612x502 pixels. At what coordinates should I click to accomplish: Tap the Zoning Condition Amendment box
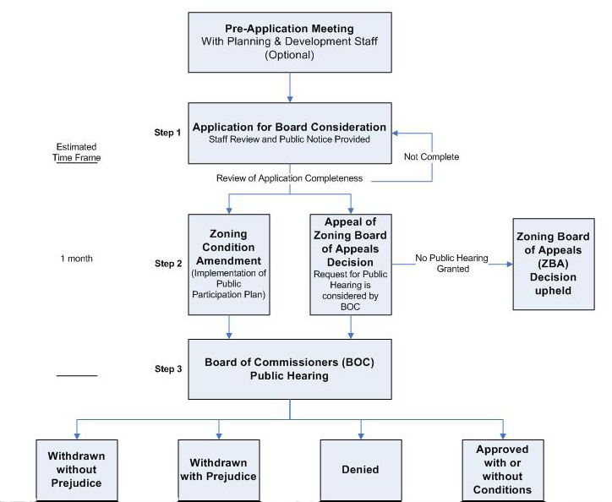[x=228, y=264]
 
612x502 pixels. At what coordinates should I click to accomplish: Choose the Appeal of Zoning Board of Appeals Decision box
[x=350, y=264]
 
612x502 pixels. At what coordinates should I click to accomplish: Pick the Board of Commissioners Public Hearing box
[x=290, y=368]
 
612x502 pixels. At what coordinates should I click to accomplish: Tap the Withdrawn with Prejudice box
[x=217, y=469]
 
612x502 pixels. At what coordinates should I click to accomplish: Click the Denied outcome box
[x=361, y=469]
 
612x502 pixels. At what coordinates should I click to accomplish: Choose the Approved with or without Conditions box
[x=503, y=469]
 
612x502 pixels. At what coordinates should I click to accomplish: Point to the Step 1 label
[x=167, y=133]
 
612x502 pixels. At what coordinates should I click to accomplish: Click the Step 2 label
[x=167, y=264]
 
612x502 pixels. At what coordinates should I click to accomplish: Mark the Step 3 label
[x=167, y=369]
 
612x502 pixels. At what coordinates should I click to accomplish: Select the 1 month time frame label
[x=77, y=258]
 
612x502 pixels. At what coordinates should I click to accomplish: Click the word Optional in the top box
[x=290, y=55]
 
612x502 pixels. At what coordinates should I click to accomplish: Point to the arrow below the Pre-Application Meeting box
[x=290, y=87]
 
